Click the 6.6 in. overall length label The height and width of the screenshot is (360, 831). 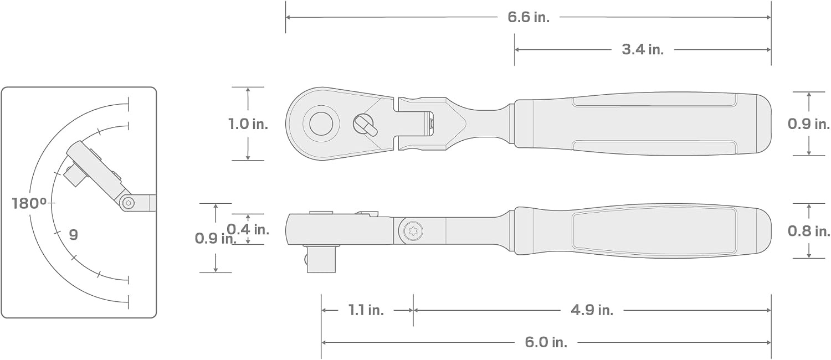tap(529, 17)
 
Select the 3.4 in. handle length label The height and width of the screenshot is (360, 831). tap(643, 50)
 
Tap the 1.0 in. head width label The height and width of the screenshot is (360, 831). tap(248, 124)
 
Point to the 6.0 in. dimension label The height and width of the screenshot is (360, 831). tap(546, 342)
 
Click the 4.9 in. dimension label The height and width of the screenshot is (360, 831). tap(592, 310)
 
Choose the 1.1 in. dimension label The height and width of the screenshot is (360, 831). tap(366, 310)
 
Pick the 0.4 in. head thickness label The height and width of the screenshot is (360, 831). tap(248, 229)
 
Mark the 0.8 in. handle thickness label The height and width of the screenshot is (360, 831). tap(809, 232)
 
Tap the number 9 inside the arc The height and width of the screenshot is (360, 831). tap(74, 235)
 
